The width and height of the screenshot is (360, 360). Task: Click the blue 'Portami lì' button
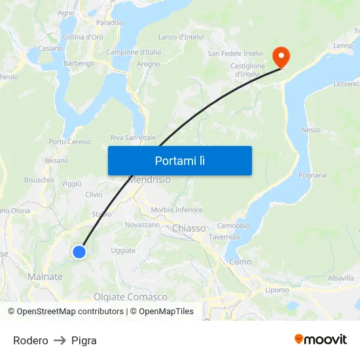point(179,160)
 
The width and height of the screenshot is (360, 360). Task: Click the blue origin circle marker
point(79,251)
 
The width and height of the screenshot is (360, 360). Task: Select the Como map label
point(240,262)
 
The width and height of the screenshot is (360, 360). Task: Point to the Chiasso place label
point(189,228)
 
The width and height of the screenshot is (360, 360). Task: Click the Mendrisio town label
point(150,179)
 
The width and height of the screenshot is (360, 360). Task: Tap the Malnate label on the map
point(45,277)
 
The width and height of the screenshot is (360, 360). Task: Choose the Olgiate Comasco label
point(130,297)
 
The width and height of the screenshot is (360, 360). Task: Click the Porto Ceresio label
point(70,141)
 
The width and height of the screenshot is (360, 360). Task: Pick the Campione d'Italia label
point(134,52)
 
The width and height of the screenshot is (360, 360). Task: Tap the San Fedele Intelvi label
point(235,53)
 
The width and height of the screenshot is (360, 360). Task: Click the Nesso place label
point(311,130)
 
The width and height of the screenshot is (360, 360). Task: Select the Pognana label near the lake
point(312,175)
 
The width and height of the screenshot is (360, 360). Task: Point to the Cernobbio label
point(233,226)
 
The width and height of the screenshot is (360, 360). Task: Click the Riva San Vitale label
point(133,137)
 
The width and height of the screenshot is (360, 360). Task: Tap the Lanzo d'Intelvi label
point(181,37)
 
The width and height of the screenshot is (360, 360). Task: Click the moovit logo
point(321,339)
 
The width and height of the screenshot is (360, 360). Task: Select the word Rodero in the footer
point(31,340)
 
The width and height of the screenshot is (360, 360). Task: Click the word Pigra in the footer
point(84,340)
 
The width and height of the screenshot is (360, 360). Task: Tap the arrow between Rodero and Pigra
point(60,340)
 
